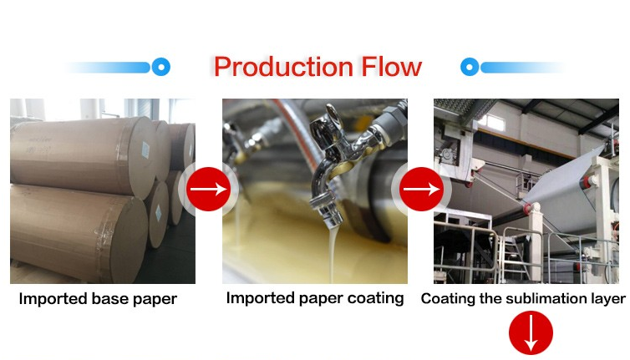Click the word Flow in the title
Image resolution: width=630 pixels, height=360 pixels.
pyautogui.click(x=391, y=66)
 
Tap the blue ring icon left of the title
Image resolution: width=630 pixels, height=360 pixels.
pyautogui.click(x=161, y=67)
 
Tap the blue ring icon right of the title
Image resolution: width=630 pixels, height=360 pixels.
pyautogui.click(x=470, y=67)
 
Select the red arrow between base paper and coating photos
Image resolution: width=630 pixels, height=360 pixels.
pyautogui.click(x=208, y=189)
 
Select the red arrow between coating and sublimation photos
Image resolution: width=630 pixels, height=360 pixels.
pyautogui.click(x=421, y=189)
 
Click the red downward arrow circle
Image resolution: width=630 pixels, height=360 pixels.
pyautogui.click(x=531, y=332)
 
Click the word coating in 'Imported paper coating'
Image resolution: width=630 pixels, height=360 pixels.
pyautogui.click(x=375, y=298)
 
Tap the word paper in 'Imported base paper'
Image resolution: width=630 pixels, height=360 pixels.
pyautogui.click(x=155, y=299)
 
